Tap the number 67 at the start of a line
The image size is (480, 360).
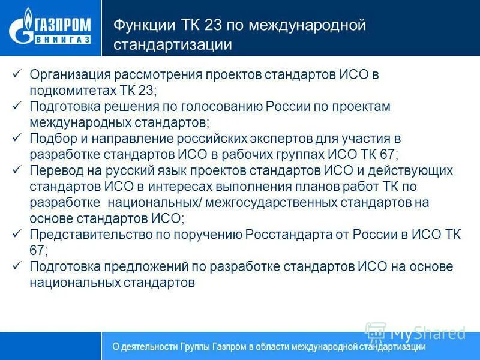[38, 250]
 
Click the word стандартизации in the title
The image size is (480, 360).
[173, 44]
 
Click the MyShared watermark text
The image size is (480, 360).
[427, 332]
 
